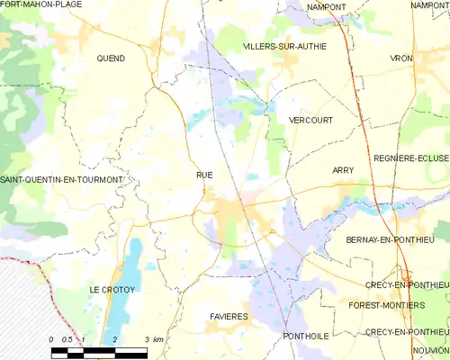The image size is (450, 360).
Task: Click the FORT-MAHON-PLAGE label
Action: [41, 5]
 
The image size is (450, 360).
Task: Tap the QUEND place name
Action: [111, 58]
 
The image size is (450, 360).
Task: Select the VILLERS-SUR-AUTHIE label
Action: [284, 46]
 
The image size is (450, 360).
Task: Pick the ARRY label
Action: [343, 170]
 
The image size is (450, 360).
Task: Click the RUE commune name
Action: [204, 175]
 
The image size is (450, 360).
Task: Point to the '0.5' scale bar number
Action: [67, 339]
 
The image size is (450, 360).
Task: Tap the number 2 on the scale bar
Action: [115, 339]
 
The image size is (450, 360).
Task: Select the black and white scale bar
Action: [99, 349]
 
